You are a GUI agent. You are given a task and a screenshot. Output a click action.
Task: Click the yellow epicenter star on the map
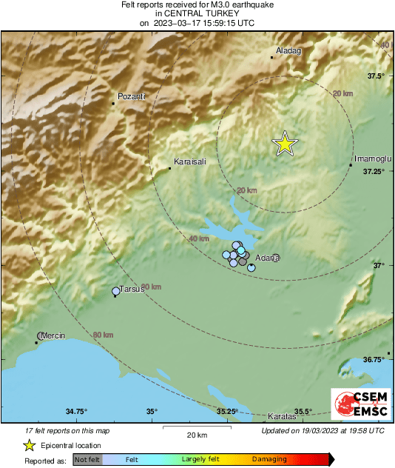[x=284, y=144]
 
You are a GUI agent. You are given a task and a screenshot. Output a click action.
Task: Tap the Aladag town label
[x=288, y=50]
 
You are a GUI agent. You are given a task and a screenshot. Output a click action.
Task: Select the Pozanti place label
[x=131, y=96]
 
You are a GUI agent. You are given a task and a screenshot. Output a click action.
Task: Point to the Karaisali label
[x=189, y=161]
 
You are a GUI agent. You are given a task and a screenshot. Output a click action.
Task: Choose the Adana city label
[x=267, y=258]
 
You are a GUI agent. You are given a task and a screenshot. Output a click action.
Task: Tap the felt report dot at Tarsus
[x=115, y=292]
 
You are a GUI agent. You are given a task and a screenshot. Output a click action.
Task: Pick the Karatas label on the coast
[x=282, y=417]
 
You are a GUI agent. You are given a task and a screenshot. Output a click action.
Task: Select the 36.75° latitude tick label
[x=374, y=359]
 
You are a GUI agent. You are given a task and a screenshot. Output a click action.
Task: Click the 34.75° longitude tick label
[x=76, y=412]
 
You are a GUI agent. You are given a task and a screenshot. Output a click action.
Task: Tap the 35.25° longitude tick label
[x=227, y=412]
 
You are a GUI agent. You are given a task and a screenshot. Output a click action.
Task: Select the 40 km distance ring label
[x=198, y=239]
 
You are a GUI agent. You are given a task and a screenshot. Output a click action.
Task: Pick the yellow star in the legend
[x=29, y=445]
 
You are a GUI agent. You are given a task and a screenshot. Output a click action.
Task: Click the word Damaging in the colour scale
[x=270, y=460]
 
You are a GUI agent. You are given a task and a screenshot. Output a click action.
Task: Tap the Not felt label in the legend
[x=86, y=460]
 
